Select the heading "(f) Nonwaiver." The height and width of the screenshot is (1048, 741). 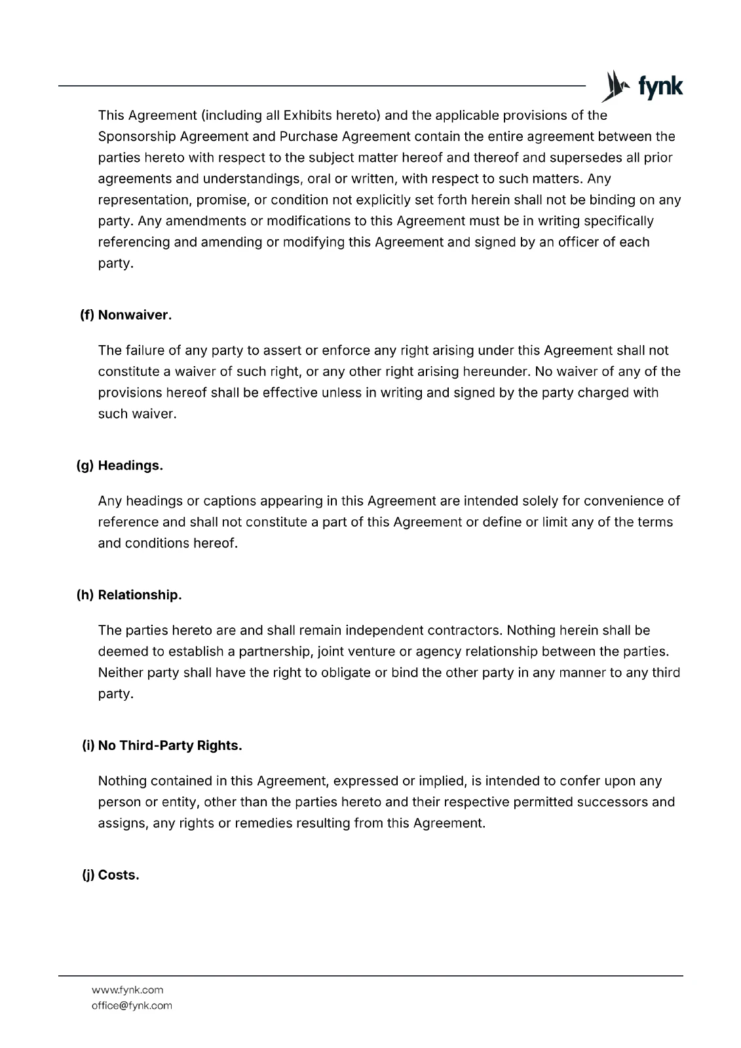(x=126, y=315)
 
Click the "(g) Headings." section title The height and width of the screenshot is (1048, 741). (x=120, y=466)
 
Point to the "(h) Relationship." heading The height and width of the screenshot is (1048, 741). (x=129, y=595)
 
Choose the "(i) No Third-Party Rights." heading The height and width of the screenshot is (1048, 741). (x=162, y=746)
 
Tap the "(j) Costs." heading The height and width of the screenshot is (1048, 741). (x=111, y=876)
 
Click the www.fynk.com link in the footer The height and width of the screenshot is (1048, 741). (x=127, y=990)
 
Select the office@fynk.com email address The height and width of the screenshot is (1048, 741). (x=132, y=1005)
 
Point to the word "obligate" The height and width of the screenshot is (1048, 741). (x=345, y=673)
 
